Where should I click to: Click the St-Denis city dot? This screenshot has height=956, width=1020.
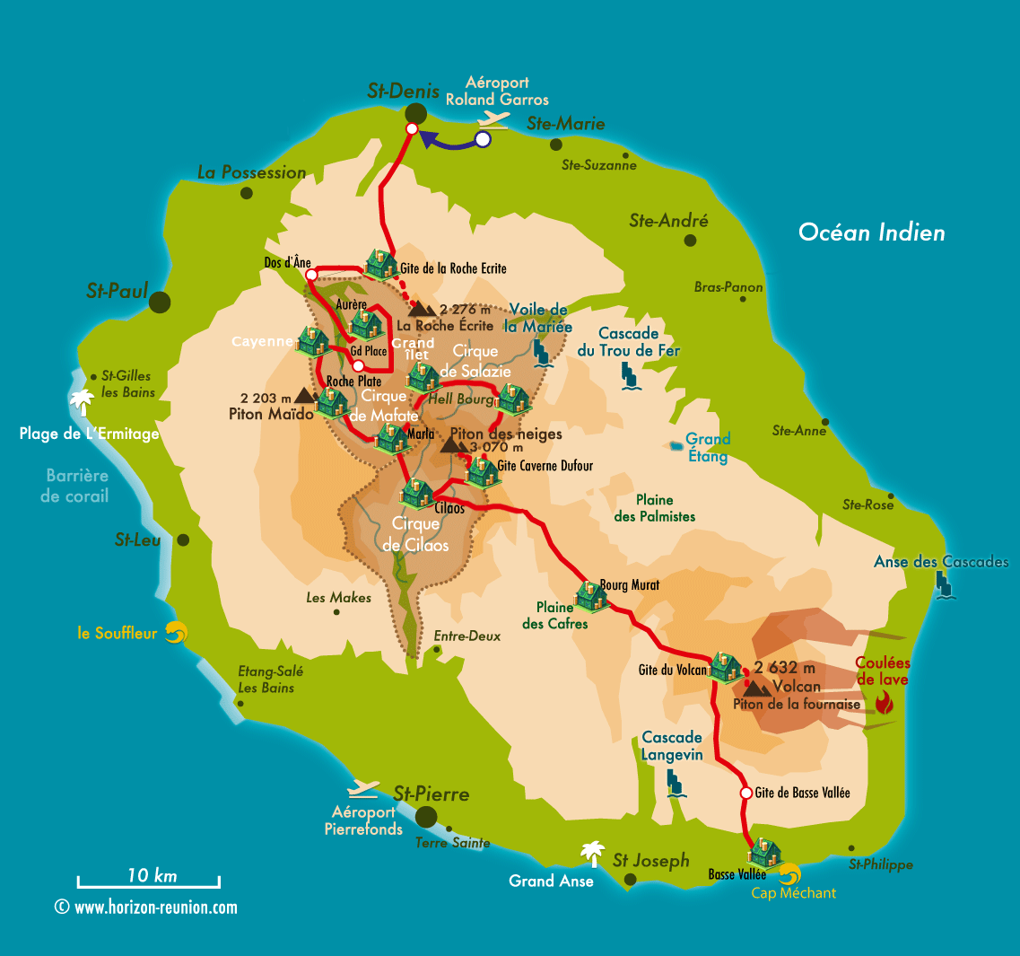point(416,113)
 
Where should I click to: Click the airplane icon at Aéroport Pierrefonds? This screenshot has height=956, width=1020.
point(364,789)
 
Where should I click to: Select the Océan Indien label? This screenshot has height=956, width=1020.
point(871,232)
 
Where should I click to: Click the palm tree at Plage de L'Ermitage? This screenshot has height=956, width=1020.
point(83,401)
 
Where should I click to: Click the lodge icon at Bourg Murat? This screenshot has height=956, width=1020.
point(591,595)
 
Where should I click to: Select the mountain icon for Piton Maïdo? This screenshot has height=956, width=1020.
point(305,396)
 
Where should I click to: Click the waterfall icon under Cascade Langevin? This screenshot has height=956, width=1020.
point(676,785)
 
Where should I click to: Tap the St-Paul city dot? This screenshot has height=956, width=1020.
point(160,302)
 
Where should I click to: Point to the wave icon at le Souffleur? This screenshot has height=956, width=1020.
point(175,633)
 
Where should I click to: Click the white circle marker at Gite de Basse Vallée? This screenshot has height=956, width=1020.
point(745,794)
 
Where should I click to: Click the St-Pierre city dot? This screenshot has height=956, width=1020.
point(426,816)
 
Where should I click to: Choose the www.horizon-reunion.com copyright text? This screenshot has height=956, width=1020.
point(147,908)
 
